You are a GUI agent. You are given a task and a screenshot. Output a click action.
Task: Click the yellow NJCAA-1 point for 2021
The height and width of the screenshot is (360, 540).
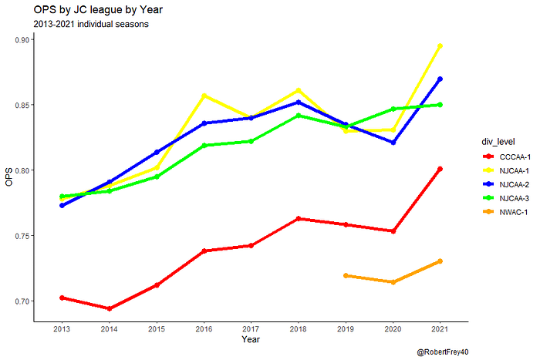[x=440, y=46]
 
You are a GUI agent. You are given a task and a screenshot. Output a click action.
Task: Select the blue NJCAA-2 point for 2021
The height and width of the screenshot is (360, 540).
[x=440, y=79]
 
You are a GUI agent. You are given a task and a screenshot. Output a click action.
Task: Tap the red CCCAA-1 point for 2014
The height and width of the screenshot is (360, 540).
[x=110, y=308]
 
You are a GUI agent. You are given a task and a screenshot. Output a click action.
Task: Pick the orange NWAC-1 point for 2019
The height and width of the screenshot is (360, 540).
[x=346, y=276]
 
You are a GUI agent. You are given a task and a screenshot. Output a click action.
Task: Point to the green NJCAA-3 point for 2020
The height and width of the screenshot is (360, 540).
[x=393, y=109]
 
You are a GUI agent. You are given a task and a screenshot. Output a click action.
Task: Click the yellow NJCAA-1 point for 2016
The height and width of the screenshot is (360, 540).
[x=204, y=96]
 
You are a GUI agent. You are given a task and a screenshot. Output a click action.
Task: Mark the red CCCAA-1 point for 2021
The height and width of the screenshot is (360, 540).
[x=440, y=169]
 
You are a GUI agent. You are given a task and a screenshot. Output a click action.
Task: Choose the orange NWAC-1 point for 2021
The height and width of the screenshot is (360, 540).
[x=440, y=261]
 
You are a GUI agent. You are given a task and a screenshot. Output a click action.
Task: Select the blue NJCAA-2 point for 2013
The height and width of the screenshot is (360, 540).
[x=62, y=206]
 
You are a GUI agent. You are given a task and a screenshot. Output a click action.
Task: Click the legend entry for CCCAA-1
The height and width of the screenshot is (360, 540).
[x=506, y=157]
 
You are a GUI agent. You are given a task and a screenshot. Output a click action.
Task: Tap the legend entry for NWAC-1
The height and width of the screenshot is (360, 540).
[x=505, y=212]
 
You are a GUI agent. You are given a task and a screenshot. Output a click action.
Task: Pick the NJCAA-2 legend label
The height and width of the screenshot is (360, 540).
[x=515, y=184]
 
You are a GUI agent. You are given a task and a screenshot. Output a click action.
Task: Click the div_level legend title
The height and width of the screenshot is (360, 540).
[x=498, y=141]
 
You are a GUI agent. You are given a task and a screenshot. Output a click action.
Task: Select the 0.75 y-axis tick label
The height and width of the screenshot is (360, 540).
[x=22, y=236]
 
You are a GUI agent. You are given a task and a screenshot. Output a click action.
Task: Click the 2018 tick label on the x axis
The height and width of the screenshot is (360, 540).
[x=299, y=329]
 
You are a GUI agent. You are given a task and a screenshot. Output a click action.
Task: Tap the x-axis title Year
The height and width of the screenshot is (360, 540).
[x=251, y=339]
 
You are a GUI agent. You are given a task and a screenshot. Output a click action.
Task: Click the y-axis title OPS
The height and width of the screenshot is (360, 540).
[x=9, y=177]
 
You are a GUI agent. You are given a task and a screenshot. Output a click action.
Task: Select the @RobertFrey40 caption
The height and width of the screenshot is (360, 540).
[x=443, y=352]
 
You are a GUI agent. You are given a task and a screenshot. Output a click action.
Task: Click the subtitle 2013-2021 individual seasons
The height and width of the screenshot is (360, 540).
[x=91, y=24]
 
